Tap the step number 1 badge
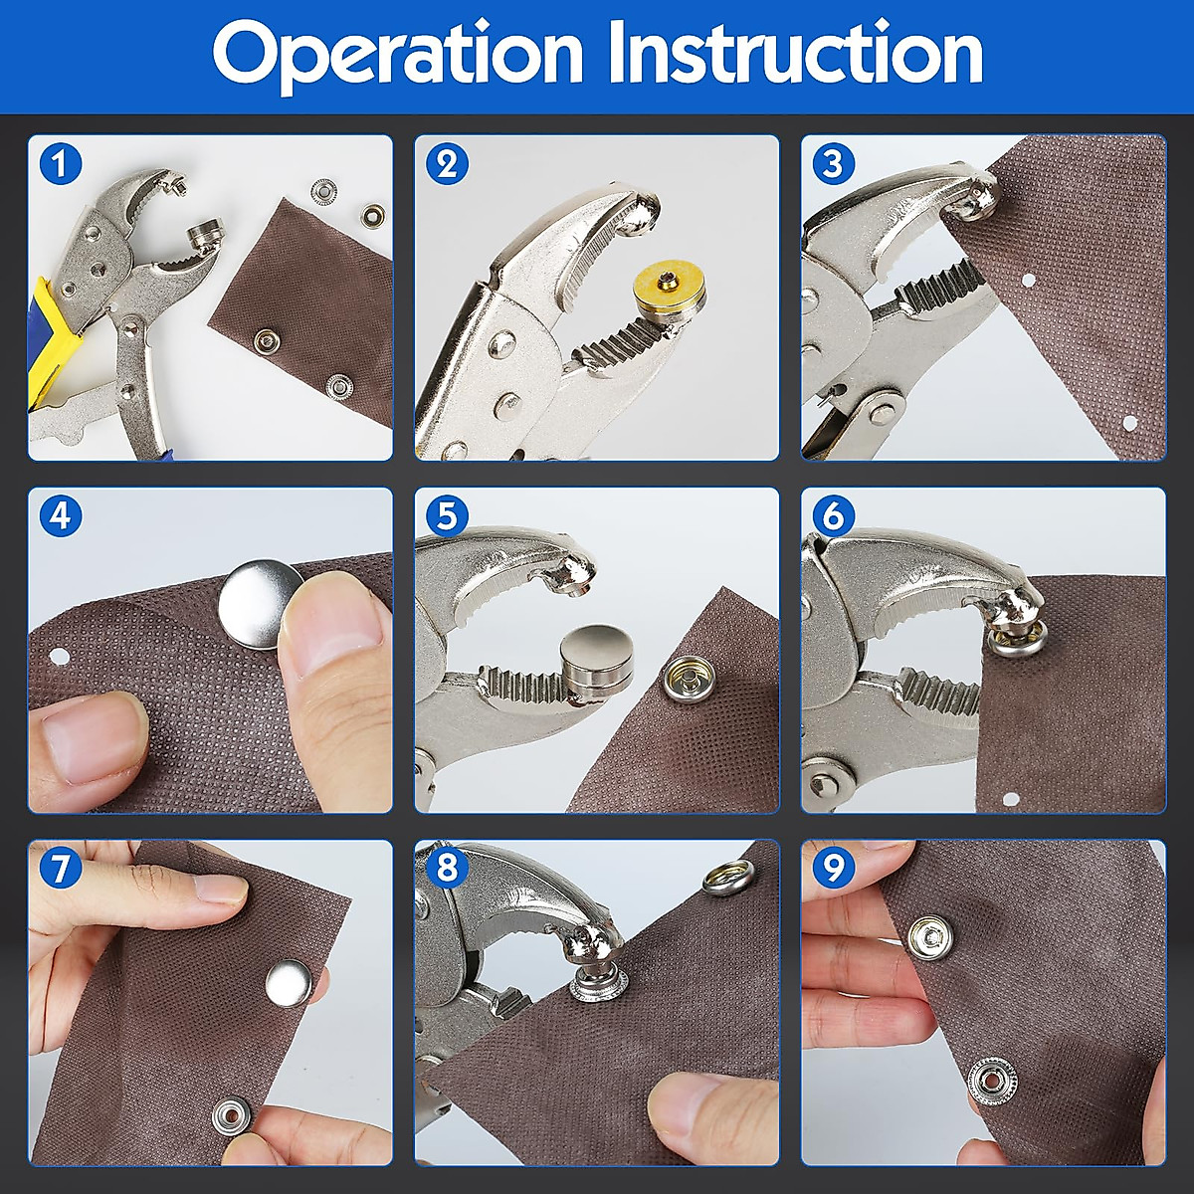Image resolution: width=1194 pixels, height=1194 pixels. point(60,164)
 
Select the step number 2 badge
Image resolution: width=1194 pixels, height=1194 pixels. point(447,164)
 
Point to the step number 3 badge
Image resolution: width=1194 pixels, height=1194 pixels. point(834,164)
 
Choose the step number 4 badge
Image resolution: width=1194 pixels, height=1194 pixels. point(60,516)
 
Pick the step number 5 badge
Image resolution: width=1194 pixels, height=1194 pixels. point(447,516)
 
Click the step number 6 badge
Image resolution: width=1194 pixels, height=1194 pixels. point(834,516)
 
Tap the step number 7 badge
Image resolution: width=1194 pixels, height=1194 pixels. point(60,868)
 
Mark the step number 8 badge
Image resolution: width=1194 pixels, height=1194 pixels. point(447,868)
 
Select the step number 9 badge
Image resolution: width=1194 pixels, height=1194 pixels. point(834,868)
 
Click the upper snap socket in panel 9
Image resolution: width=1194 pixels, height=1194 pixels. point(930,937)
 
